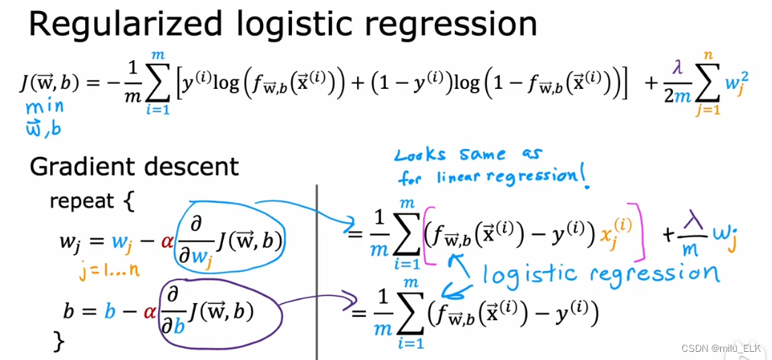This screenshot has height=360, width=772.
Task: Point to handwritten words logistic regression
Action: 600,273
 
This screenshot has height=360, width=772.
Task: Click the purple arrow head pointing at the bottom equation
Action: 345,309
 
